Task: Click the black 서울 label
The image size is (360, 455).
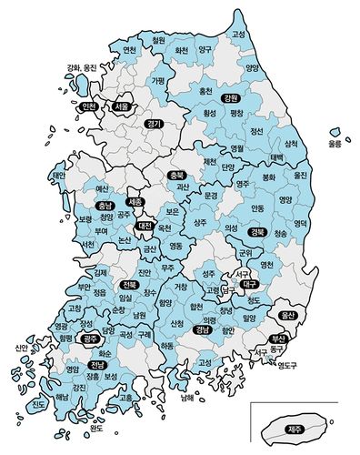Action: pos(122,106)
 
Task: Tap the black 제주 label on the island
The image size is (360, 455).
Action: pos(295,430)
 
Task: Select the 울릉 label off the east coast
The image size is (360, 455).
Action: pos(335,144)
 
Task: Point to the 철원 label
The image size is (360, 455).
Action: pos(158,40)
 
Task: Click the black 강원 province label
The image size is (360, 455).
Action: pos(230,97)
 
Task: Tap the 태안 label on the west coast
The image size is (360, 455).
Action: pos(59,175)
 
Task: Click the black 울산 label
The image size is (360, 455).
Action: pos(289,315)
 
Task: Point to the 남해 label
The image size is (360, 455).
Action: pos(186,397)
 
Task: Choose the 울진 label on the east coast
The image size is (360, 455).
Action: pos(302,175)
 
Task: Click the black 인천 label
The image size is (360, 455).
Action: pos(89,106)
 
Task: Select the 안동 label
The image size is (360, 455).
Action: pos(257,207)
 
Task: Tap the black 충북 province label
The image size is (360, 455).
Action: pos(176,174)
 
